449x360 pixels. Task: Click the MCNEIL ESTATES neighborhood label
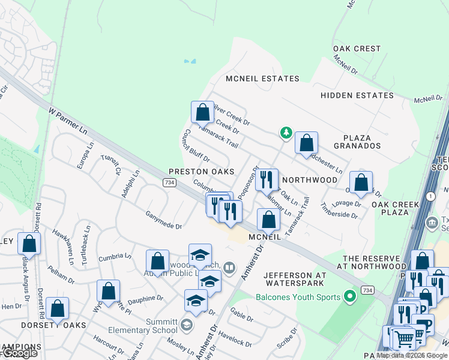click(262, 79)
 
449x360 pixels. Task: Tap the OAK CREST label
click(358, 49)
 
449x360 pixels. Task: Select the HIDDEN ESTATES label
click(357, 95)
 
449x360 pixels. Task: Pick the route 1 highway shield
click(430, 196)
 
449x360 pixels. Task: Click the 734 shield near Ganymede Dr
click(170, 182)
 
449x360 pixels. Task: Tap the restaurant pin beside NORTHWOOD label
click(267, 179)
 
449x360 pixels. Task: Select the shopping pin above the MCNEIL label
click(268, 220)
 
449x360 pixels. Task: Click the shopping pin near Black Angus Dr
click(29, 244)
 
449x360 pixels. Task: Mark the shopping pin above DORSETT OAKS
click(58, 308)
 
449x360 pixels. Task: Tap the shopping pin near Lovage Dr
click(361, 182)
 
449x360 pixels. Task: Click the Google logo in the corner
click(19, 353)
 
